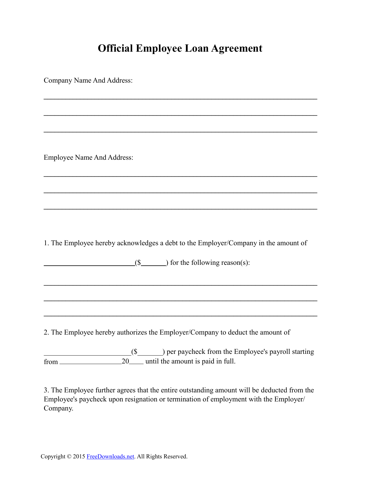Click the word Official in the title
[115, 48]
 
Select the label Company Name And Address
[88, 81]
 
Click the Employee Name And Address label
[88, 158]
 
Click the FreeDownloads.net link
[110, 457]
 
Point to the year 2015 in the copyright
[79, 457]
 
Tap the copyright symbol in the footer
[69, 457]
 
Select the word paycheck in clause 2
[191, 352]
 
